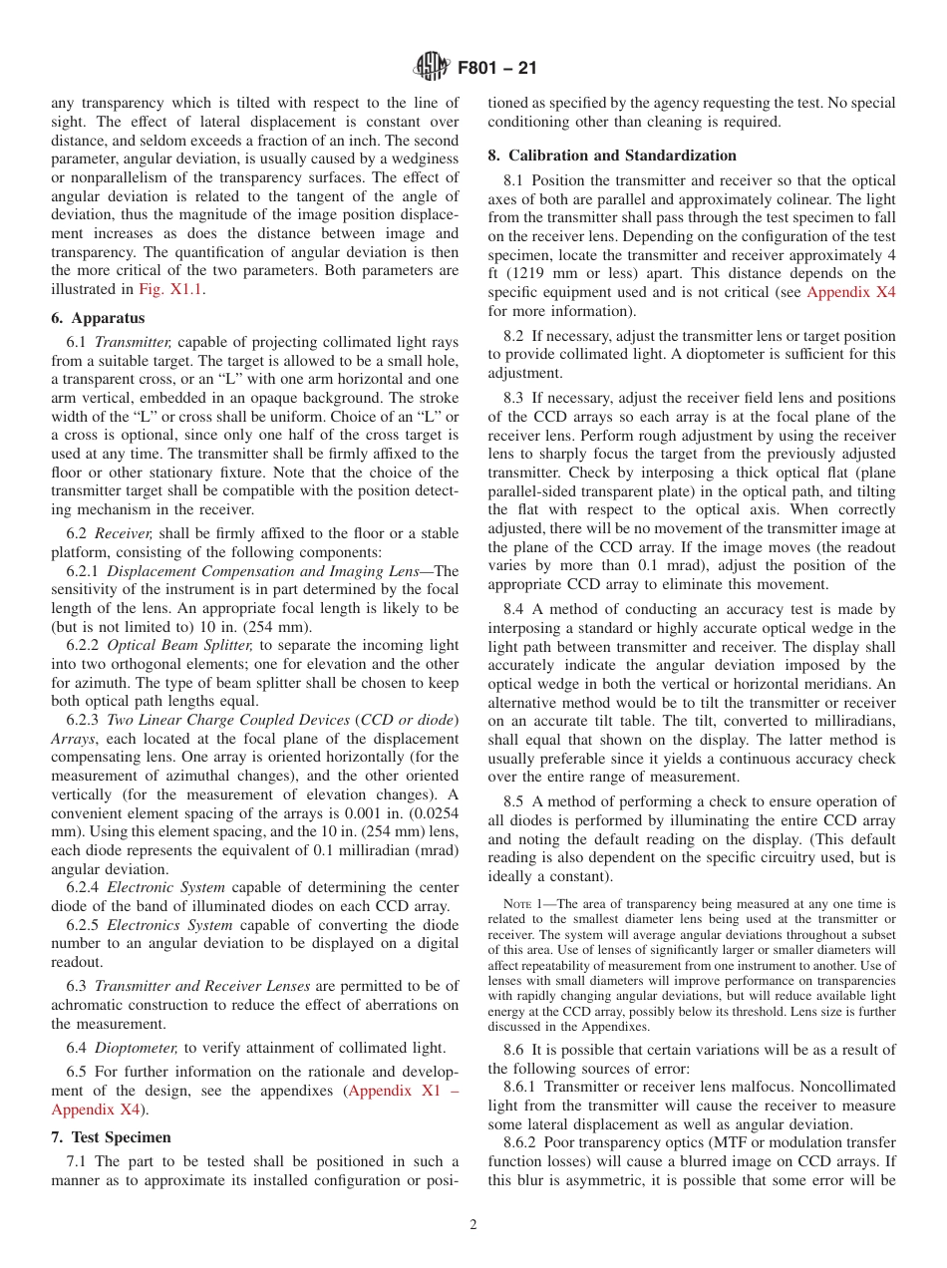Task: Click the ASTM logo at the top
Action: click(x=431, y=68)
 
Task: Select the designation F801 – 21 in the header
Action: click(x=495, y=69)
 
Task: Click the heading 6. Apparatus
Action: click(x=98, y=318)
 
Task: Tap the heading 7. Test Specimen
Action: click(x=111, y=1137)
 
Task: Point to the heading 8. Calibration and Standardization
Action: click(x=612, y=156)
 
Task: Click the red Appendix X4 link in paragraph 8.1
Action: click(x=850, y=293)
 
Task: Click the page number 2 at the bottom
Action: click(x=473, y=1225)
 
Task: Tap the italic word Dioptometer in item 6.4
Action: click(x=136, y=1047)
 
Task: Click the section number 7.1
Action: click(x=77, y=1162)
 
